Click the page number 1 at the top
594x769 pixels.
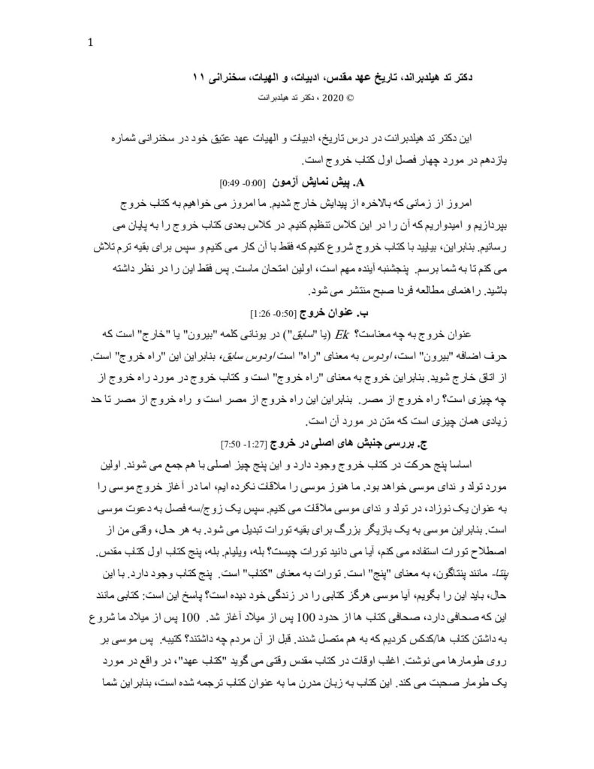pyautogui.click(x=91, y=43)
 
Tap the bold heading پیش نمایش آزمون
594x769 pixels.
pyautogui.click(x=320, y=182)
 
